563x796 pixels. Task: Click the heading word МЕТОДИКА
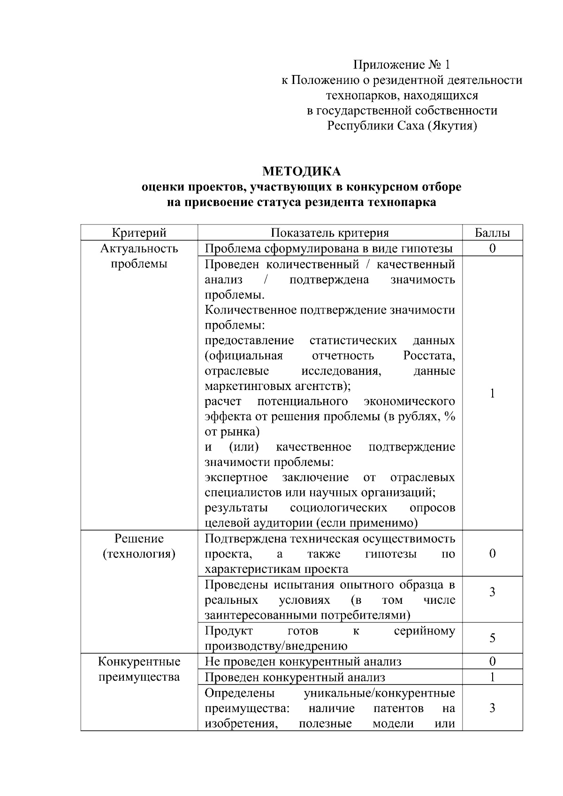pyautogui.click(x=301, y=171)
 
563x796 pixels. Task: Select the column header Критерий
pyautogui.click(x=139, y=233)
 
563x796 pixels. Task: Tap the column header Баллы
pyautogui.click(x=492, y=233)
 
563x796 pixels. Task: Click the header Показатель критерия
pyautogui.click(x=330, y=233)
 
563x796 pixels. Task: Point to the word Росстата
pyautogui.click(x=429, y=356)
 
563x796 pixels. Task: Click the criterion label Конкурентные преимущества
pyautogui.click(x=139, y=669)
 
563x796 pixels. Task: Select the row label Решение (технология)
pyautogui.click(x=139, y=546)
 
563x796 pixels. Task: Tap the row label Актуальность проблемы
pyautogui.click(x=139, y=256)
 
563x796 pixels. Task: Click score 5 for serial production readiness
pyautogui.click(x=492, y=638)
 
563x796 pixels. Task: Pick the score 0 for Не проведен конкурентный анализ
pyautogui.click(x=492, y=661)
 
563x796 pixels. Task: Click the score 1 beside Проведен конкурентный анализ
pyautogui.click(x=492, y=677)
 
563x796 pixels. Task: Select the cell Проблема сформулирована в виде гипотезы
pyautogui.click(x=329, y=248)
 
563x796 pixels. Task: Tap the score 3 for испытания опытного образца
pyautogui.click(x=492, y=592)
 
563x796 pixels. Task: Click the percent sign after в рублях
pyautogui.click(x=450, y=416)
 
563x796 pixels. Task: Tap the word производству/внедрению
pyautogui.click(x=276, y=646)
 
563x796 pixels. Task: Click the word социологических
pyautogui.click(x=338, y=508)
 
